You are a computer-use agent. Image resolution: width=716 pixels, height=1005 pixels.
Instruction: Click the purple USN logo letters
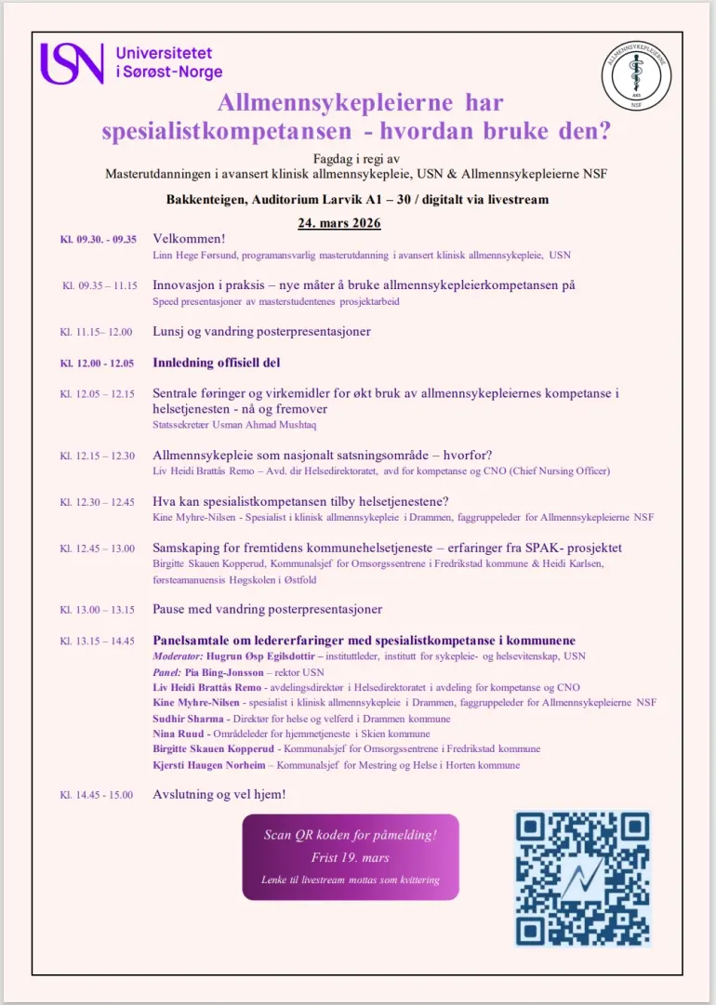(x=72, y=62)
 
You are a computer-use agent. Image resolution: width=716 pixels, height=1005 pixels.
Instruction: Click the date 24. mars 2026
(x=338, y=223)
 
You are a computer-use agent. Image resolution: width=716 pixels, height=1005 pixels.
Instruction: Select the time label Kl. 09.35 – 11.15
(x=99, y=285)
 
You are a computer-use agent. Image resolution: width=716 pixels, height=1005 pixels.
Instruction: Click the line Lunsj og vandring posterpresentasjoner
(x=261, y=331)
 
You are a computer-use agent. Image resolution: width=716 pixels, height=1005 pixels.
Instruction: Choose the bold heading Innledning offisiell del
(x=217, y=363)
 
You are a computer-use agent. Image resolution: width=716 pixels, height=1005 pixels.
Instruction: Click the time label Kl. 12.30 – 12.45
(x=98, y=502)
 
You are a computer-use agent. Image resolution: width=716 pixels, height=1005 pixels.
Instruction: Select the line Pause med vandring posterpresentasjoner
(x=267, y=609)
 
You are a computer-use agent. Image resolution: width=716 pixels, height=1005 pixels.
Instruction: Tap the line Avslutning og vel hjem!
(x=219, y=795)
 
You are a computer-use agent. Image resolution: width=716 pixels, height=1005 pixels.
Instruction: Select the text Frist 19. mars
(x=350, y=857)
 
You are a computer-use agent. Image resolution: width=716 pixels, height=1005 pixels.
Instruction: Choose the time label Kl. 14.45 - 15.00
(x=97, y=795)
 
